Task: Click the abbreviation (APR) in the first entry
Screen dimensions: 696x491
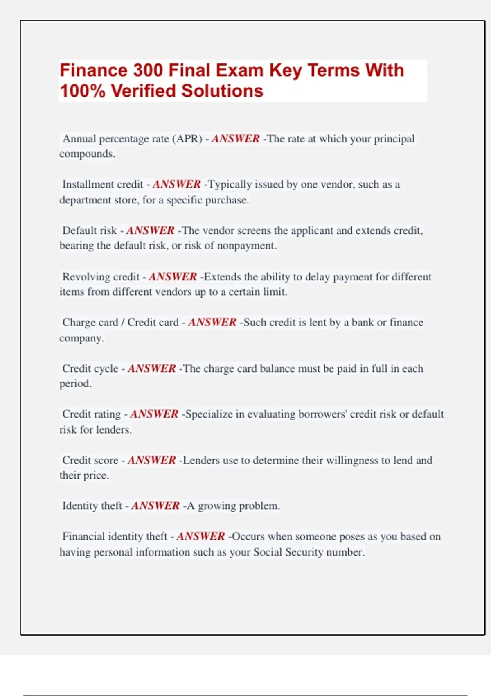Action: pyautogui.click(x=187, y=139)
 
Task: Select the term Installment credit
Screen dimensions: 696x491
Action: pyautogui.click(x=103, y=184)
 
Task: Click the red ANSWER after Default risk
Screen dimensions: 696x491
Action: pyautogui.click(x=150, y=230)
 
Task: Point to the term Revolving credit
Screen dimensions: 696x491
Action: pyautogui.click(x=101, y=277)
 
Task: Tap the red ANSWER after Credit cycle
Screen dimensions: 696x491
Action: pyautogui.click(x=151, y=368)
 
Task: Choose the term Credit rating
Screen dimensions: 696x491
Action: pyautogui.click(x=91, y=414)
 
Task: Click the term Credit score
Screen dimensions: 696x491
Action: pyautogui.click(x=90, y=460)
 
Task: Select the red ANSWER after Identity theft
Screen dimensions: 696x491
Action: pyautogui.click(x=155, y=506)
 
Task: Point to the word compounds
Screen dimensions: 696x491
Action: pyautogui.click(x=87, y=154)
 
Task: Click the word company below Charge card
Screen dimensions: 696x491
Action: pyautogui.click(x=81, y=338)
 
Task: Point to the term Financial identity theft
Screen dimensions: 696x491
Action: pyautogui.click(x=115, y=536)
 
